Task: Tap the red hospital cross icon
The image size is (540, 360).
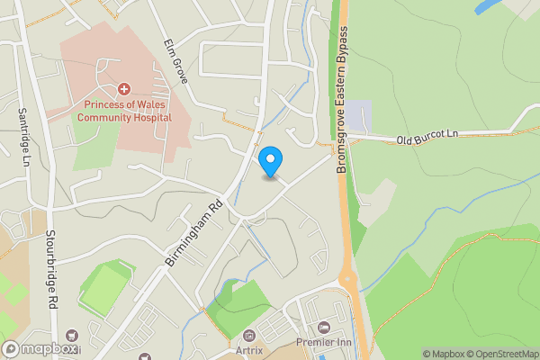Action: [124, 89]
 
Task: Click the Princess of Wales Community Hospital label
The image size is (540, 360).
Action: [124, 110]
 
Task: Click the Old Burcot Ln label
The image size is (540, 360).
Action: [427, 136]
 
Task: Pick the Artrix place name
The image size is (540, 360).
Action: [247, 349]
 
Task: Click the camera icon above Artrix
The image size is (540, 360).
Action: [248, 335]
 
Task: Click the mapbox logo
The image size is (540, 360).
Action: [40, 349]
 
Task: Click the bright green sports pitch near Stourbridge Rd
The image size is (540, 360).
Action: [106, 286]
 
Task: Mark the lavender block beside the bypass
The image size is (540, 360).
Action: [359, 115]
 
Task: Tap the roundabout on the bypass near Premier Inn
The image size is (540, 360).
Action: [349, 283]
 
